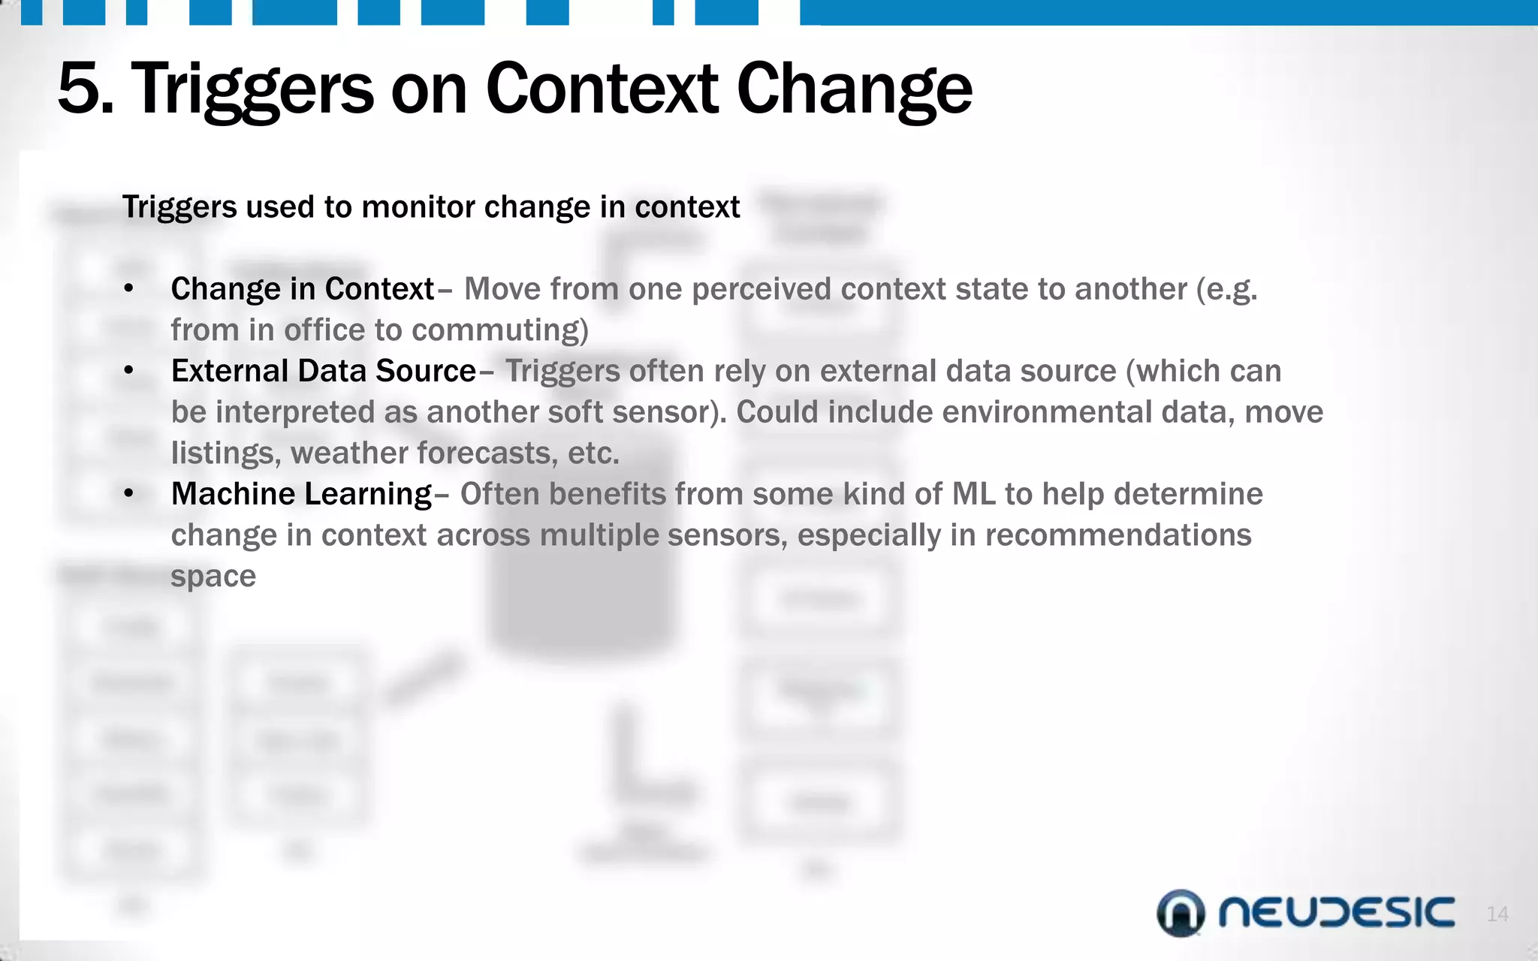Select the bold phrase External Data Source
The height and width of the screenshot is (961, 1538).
pyautogui.click(x=324, y=371)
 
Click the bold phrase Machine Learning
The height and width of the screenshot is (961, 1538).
pyautogui.click(x=302, y=494)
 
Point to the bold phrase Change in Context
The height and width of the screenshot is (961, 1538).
pyautogui.click(x=303, y=289)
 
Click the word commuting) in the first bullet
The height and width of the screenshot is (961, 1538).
pyautogui.click(x=500, y=330)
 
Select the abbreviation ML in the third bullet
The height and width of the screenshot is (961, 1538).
pyautogui.click(x=973, y=494)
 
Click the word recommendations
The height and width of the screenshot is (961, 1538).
pyautogui.click(x=1117, y=535)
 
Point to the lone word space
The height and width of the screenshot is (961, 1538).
pyautogui.click(x=213, y=577)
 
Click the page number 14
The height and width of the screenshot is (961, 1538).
pyautogui.click(x=1497, y=914)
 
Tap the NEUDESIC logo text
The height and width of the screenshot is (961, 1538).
pyautogui.click(x=1336, y=913)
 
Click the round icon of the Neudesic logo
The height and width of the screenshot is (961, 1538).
pyautogui.click(x=1181, y=913)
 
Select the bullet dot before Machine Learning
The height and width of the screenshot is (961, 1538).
pyautogui.click(x=129, y=494)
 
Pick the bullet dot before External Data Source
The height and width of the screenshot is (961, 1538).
pyautogui.click(x=129, y=371)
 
